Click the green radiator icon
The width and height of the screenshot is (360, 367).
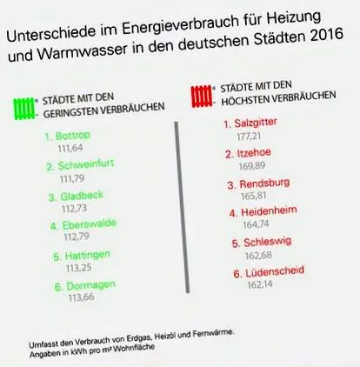pyautogui.click(x=24, y=109)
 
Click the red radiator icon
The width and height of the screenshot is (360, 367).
pyautogui.click(x=203, y=96)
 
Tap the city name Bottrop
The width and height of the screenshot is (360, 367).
pyautogui.click(x=73, y=136)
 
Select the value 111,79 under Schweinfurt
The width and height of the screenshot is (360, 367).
pyautogui.click(x=72, y=178)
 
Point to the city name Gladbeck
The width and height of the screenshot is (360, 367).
pyautogui.click(x=82, y=196)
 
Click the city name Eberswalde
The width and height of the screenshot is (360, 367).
pyautogui.click(x=90, y=224)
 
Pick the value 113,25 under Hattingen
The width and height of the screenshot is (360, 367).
pyautogui.click(x=78, y=267)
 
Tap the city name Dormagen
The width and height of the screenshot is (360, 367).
pyautogui.click(x=90, y=285)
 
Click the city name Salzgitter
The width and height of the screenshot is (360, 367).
pyautogui.click(x=256, y=123)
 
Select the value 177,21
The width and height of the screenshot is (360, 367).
pyautogui.click(x=249, y=136)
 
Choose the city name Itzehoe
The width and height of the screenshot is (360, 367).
pyautogui.click(x=254, y=153)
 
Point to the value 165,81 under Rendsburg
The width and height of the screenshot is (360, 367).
pyautogui.click(x=254, y=196)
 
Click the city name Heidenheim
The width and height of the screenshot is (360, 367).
pyautogui.click(x=269, y=211)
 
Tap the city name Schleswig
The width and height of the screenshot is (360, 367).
pyautogui.click(x=267, y=242)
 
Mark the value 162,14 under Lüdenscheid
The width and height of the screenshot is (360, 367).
pyautogui.click(x=260, y=284)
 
